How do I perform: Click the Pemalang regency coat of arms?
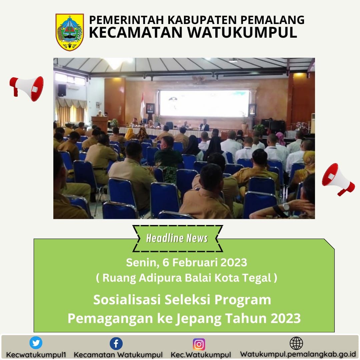coord(70,32)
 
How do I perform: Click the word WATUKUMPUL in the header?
coord(242,32)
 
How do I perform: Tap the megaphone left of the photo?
coord(27,89)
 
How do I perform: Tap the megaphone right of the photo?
coord(338,179)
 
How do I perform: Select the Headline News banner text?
coord(177,238)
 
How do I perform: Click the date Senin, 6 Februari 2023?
coord(186,262)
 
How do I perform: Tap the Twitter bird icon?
coord(36,343)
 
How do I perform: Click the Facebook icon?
coord(116,344)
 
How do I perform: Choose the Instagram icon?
coord(199,344)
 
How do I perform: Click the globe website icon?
coord(296,343)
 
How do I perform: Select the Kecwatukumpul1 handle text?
coord(36,355)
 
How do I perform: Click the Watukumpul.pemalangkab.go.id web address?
coord(298,354)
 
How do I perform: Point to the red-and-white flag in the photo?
coord(142,106)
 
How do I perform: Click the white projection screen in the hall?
coord(204,103)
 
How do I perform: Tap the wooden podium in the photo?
coord(100,124)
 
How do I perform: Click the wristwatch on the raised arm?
coord(286,207)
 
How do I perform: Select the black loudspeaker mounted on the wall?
coord(62,90)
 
